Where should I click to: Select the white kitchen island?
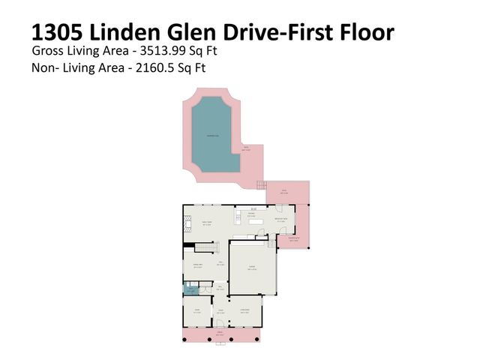point(256,222)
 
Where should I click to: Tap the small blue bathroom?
point(190,290)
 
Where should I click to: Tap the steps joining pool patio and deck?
point(261,185)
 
